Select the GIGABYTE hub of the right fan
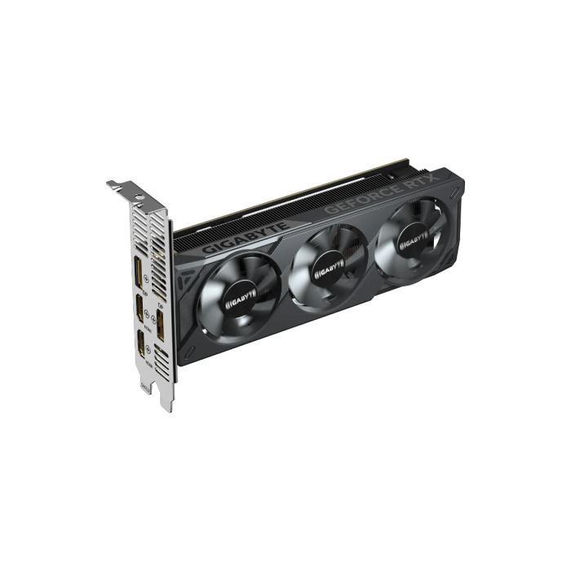pos(413,237)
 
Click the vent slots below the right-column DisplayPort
pos(161,359)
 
